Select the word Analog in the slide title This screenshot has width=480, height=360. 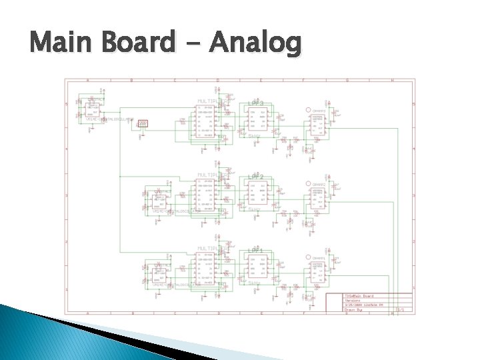point(255,44)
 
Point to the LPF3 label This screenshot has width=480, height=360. point(256,102)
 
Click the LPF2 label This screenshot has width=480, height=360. point(256,176)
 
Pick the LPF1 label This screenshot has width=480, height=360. point(256,251)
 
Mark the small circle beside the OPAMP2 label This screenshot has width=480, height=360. point(308,184)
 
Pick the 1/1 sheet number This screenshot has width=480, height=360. point(401,309)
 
